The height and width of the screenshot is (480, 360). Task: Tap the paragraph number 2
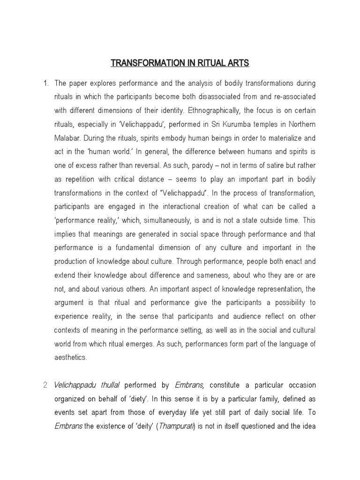(45, 385)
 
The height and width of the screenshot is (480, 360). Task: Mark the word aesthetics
(71, 357)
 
